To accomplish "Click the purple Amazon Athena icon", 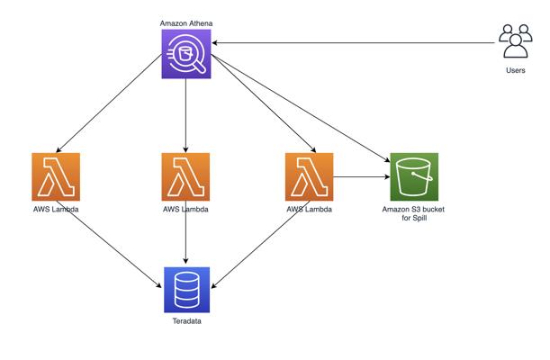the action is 186,54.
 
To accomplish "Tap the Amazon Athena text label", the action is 186,23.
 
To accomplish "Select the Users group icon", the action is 516,41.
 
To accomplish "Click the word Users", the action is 516,70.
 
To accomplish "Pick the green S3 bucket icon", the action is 414,176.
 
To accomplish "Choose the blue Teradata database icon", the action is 187,290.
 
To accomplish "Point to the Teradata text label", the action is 187,321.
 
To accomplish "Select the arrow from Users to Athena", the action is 353,43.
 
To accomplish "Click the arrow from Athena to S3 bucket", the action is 301,108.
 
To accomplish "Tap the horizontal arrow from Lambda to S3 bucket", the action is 362,176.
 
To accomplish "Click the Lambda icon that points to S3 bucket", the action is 310,176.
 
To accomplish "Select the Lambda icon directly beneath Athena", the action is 186,176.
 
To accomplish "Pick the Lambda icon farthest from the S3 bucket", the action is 56,176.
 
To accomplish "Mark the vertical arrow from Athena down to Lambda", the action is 186,116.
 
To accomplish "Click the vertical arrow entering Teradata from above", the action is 186,232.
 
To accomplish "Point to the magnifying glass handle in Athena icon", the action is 200,67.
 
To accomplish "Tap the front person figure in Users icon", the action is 516,47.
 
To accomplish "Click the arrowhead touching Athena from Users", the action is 214,43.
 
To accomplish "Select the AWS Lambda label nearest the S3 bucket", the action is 310,210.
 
